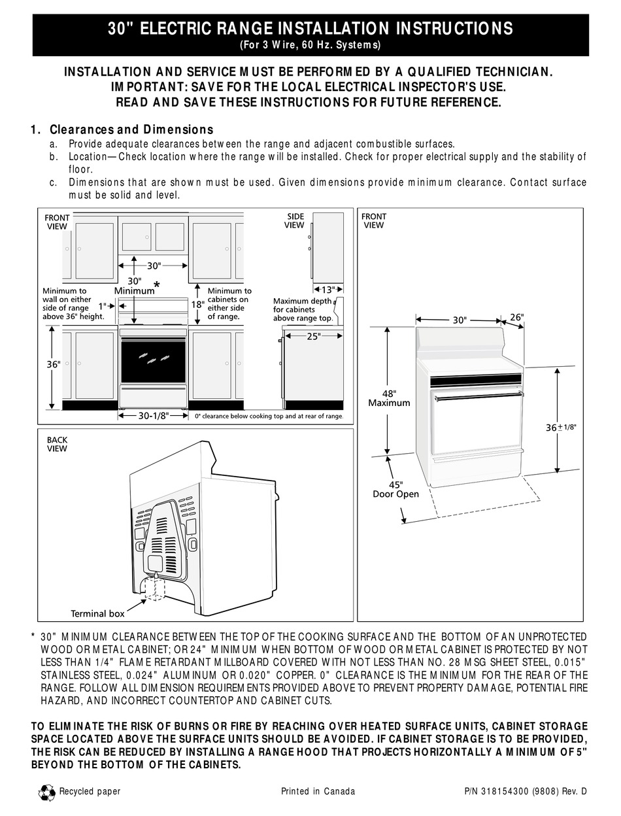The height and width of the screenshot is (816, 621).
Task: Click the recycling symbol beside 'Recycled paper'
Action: click(x=48, y=793)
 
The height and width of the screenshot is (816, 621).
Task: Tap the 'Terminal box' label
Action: click(x=97, y=613)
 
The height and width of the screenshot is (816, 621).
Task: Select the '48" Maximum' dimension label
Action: click(x=389, y=398)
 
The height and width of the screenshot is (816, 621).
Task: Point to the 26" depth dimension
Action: click(x=516, y=317)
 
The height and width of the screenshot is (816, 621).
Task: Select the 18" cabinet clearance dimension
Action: click(x=198, y=304)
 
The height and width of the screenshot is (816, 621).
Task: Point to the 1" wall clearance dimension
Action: click(x=102, y=305)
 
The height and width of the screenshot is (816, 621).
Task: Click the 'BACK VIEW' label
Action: click(x=57, y=444)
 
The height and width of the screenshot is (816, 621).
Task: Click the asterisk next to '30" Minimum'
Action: click(x=156, y=285)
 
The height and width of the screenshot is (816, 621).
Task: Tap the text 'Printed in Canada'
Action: click(x=318, y=791)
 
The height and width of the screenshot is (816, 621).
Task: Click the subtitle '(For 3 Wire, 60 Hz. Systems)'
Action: click(x=310, y=45)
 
